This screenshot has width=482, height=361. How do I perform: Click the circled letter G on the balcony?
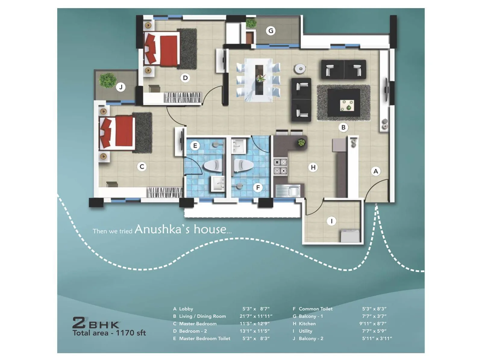click(x=271, y=31)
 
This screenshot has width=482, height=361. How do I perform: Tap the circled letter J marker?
click(x=121, y=87)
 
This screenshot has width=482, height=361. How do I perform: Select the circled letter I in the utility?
click(x=331, y=221)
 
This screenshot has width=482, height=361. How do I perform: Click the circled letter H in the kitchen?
click(x=313, y=167)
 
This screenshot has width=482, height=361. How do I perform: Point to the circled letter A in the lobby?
click(x=376, y=171)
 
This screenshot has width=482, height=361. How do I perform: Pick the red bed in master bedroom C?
click(x=118, y=132)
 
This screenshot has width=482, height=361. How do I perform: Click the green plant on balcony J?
click(x=108, y=80)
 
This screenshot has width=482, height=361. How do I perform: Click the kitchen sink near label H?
click(x=288, y=190)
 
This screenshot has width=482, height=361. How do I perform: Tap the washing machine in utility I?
click(x=350, y=236)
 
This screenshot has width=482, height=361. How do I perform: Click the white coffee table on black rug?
click(x=347, y=105)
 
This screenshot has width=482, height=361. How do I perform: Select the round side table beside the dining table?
click(x=300, y=69)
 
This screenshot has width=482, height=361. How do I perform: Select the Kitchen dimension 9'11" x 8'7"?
click(x=373, y=324)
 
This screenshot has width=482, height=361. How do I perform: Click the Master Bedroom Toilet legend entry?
click(x=205, y=338)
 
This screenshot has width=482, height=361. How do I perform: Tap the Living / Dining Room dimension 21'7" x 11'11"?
click(x=256, y=316)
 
